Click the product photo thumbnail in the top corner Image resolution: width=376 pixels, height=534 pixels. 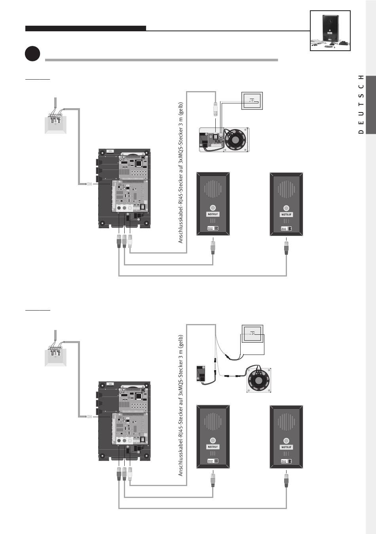330,31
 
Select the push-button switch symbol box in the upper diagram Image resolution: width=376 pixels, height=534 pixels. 252,101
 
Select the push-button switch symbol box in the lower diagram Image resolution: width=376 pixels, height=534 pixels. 253,334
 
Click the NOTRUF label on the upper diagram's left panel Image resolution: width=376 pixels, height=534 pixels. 213,214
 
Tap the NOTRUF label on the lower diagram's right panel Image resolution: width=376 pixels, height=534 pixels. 286,447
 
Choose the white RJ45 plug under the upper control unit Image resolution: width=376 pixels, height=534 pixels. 130,241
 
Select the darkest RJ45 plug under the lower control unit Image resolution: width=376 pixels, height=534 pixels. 119,474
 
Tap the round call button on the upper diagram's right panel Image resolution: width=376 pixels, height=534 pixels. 286,208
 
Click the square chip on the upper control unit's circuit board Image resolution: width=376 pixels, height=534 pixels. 139,164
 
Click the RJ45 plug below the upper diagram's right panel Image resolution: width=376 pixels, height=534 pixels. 286,247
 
